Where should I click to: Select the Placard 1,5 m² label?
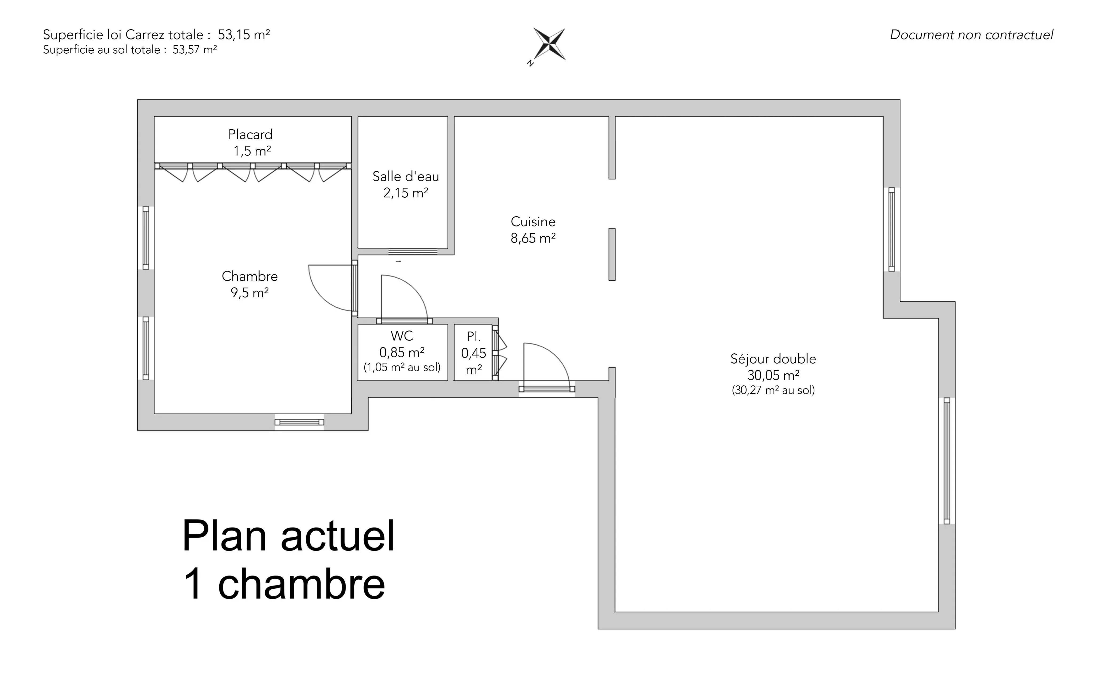tap(251, 142)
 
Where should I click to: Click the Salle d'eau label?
tap(406, 185)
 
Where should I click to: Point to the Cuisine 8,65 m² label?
tap(533, 230)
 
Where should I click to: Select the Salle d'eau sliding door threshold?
tap(413, 251)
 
